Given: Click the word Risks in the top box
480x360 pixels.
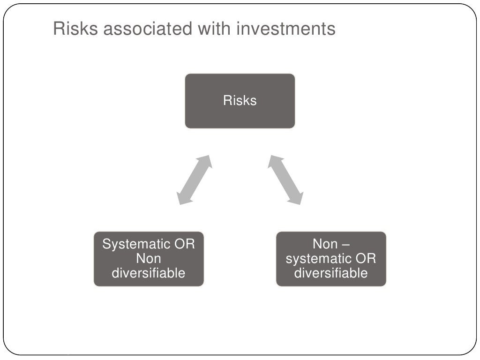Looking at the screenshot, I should coord(240,101).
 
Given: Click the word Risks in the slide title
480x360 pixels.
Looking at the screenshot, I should coord(75,29).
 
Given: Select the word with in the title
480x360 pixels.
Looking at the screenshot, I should coord(217,29).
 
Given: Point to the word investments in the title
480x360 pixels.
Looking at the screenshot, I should coord(286,29).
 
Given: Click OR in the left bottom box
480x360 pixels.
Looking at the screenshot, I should coord(185,244).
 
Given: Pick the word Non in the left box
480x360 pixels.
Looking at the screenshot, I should coord(148,258).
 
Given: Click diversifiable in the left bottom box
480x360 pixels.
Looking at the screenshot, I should coord(149,273).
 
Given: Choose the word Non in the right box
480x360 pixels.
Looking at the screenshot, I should coord(325,244).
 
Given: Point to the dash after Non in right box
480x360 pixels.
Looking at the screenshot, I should coord(345,244).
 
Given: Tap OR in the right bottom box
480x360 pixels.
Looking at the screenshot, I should coord(366,258).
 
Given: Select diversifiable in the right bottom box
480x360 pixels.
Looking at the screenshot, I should coord(331,273).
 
